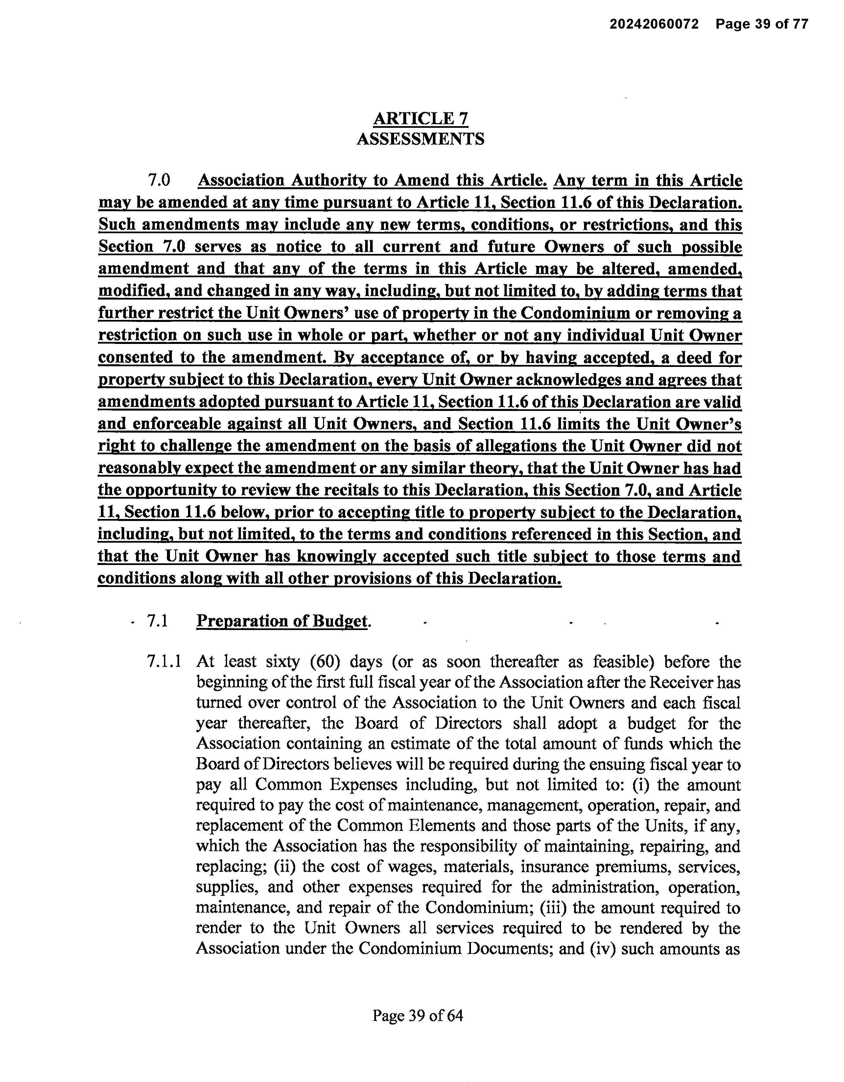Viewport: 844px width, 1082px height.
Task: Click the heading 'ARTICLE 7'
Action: pyautogui.click(x=420, y=119)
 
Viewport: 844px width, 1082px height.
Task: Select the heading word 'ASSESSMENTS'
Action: pyautogui.click(x=420, y=139)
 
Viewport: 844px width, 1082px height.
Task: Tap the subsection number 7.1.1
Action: pyautogui.click(x=164, y=662)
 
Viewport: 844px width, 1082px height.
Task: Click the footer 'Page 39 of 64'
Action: pyautogui.click(x=418, y=1016)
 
